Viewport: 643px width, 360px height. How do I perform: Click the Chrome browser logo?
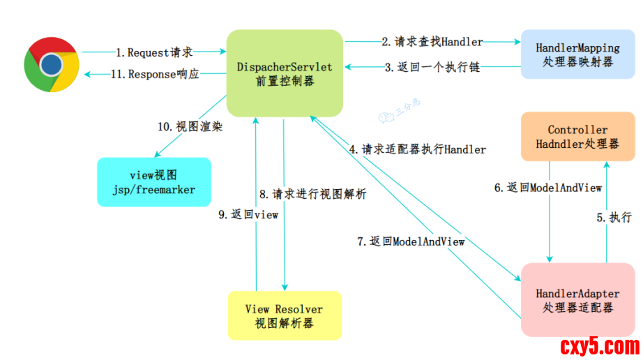(50, 64)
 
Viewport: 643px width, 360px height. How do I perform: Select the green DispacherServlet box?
(285, 73)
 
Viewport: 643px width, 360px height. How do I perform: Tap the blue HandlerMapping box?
(577, 54)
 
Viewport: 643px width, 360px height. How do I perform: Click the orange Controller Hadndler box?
(577, 137)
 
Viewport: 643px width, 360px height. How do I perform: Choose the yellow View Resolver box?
(285, 315)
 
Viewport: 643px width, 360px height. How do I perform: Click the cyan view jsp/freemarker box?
(153, 181)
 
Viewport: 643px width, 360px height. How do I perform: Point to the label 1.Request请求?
(154, 52)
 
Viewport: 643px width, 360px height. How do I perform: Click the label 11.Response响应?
(154, 75)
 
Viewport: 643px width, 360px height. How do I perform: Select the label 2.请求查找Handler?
(432, 42)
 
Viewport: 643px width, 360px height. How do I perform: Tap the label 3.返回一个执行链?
(432, 68)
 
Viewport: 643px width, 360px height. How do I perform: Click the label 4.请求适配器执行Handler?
(418, 149)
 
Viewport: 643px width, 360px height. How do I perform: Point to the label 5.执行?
(614, 217)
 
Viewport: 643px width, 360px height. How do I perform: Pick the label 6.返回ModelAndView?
(548, 188)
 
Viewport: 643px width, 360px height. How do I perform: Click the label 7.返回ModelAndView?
(411, 241)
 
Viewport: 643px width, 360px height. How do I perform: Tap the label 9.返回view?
(248, 215)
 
